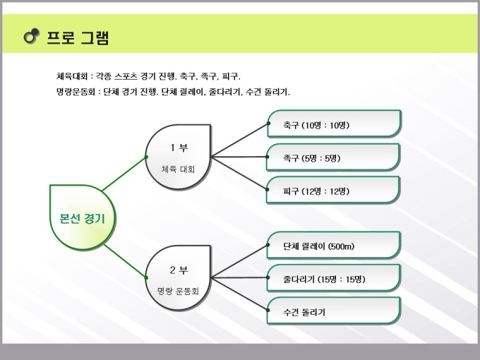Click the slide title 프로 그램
coord(78,37)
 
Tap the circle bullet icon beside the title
coord(32,36)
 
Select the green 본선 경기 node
coord(83,217)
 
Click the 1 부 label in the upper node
coord(179,148)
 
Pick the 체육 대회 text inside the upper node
coord(178,169)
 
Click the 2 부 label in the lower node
coord(179,270)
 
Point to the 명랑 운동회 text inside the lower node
coord(178,291)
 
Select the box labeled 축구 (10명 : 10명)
coord(334,124)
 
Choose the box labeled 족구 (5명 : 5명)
coord(333,157)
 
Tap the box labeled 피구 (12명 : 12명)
coord(333,190)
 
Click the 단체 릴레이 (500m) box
coord(334,245)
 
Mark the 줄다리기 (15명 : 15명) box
coord(334,278)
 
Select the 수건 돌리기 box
coord(334,311)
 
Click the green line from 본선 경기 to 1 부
coord(124,174)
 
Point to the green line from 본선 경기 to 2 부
coord(125,261)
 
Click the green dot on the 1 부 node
coord(146,157)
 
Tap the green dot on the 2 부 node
coord(146,277)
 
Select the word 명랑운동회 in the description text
coord(76,92)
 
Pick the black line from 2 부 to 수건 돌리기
coord(240,294)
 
